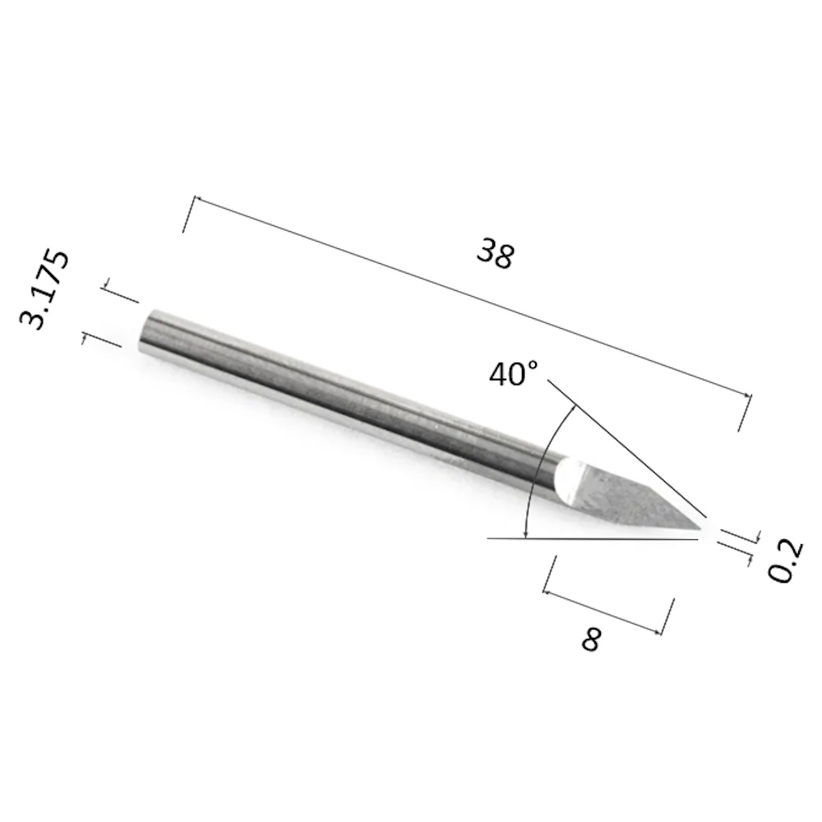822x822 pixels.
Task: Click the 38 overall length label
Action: click(x=496, y=253)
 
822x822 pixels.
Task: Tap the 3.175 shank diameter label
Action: click(x=44, y=290)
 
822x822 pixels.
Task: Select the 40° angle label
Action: click(x=514, y=374)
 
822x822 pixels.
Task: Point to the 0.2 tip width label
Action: click(x=785, y=560)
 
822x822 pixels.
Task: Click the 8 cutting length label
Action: click(x=591, y=639)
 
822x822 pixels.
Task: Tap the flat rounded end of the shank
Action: click(x=148, y=330)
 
